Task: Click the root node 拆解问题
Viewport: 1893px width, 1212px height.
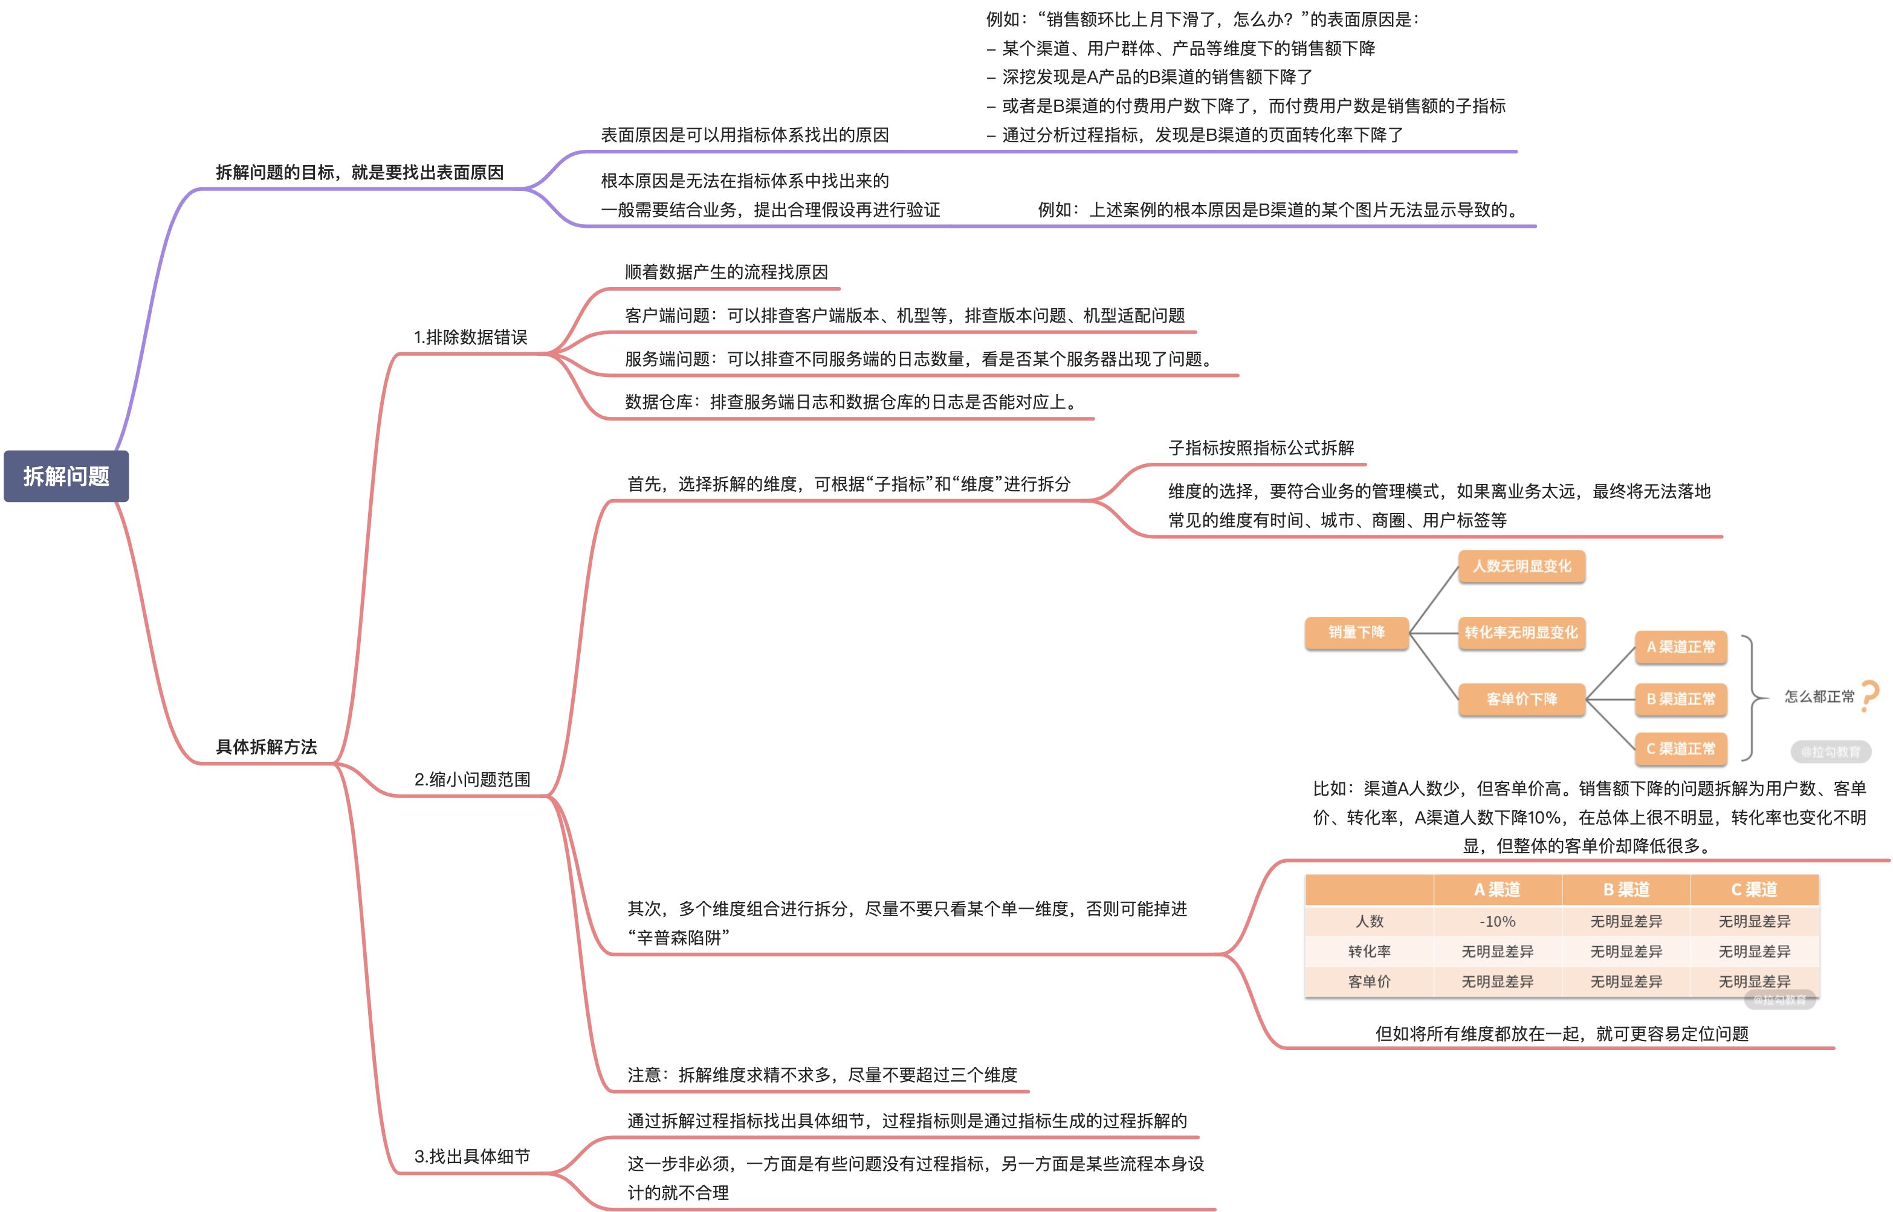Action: [66, 476]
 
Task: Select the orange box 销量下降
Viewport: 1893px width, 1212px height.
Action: [1356, 632]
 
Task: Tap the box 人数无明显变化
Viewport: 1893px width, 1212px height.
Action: [1521, 566]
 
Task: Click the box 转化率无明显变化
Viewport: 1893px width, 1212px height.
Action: [1521, 632]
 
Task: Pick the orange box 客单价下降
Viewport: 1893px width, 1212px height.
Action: [1521, 699]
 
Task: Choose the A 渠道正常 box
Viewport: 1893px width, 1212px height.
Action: [1680, 647]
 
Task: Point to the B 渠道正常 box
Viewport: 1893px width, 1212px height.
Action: [1680, 699]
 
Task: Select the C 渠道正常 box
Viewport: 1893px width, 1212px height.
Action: [1680, 749]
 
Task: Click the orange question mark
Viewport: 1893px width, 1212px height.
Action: [1869, 697]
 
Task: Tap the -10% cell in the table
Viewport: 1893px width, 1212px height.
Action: [1497, 921]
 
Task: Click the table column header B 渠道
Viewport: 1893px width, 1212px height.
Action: [1625, 889]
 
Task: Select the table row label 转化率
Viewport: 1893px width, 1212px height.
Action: [1369, 952]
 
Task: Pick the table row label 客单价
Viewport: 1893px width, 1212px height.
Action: [1369, 981]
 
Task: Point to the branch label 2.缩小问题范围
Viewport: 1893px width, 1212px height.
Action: [472, 779]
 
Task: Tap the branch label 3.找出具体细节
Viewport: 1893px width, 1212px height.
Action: [472, 1156]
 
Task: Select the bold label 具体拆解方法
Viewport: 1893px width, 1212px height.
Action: [266, 747]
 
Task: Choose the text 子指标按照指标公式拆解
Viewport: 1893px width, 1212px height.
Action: [1261, 448]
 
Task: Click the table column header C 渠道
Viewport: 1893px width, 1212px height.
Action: [1753, 889]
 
